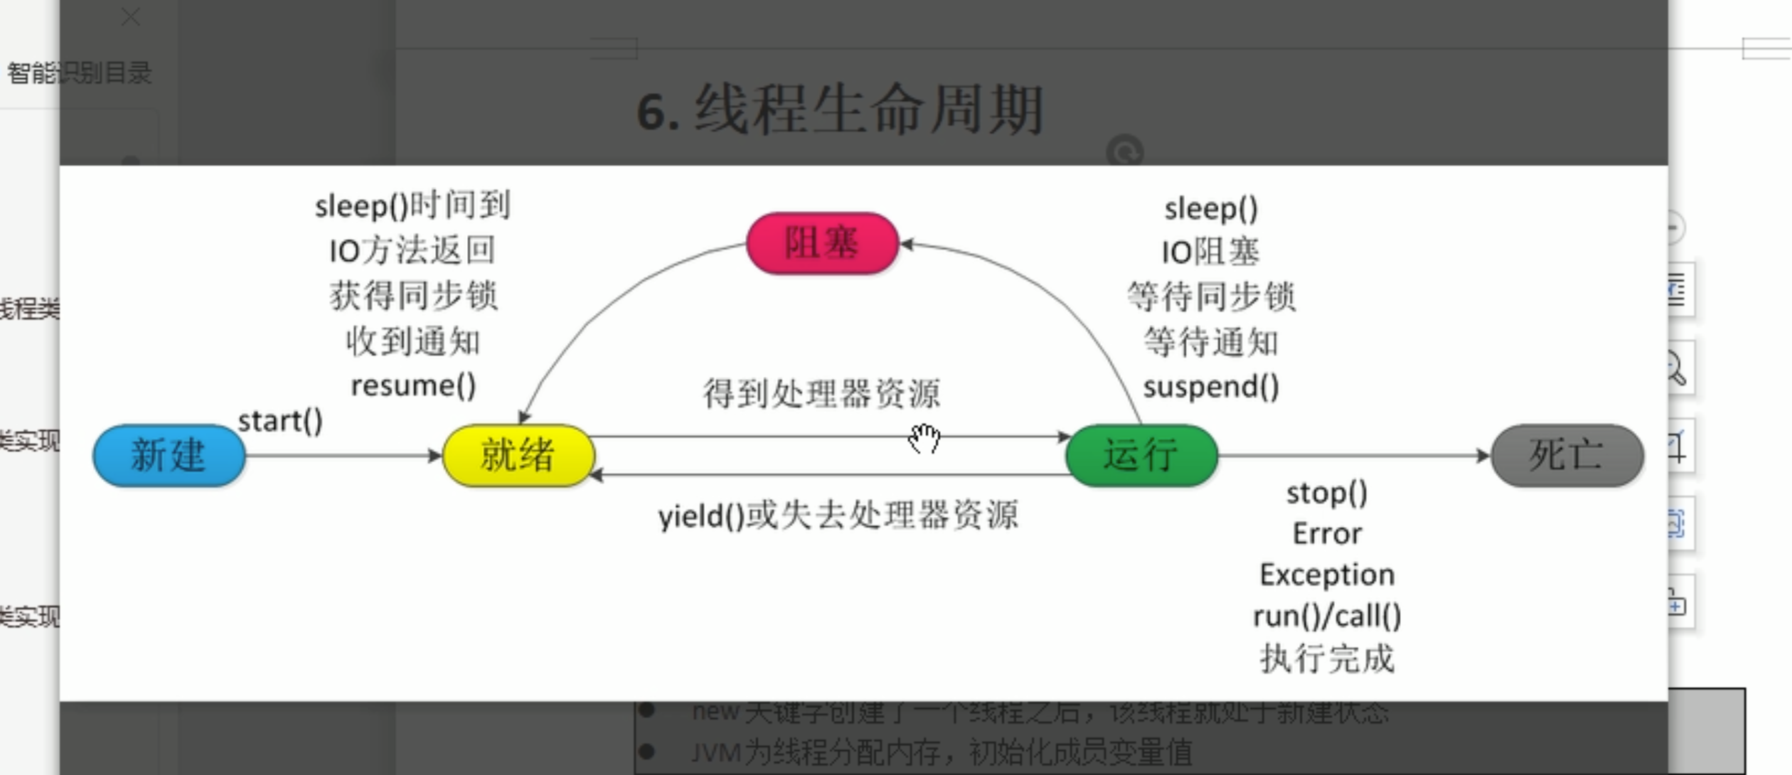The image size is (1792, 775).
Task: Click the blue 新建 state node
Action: (x=169, y=455)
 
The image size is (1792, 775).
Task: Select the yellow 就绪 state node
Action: (x=518, y=455)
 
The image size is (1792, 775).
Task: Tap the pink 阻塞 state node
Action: (x=823, y=243)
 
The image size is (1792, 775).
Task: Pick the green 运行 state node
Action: (x=1141, y=455)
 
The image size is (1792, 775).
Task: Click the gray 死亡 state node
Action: (x=1567, y=455)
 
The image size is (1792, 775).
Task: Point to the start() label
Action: (x=280, y=421)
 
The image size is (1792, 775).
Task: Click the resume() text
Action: (x=413, y=385)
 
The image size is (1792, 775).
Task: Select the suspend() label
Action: (x=1211, y=387)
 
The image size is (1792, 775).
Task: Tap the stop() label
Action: (x=1327, y=493)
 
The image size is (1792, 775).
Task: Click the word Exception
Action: (x=1327, y=574)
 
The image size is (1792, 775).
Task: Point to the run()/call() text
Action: (x=1327, y=616)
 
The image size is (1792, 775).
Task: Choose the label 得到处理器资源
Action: (x=821, y=393)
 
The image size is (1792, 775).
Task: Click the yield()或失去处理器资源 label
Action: (x=838, y=515)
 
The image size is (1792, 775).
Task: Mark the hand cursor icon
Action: (x=924, y=438)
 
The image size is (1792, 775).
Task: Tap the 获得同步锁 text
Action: (x=413, y=296)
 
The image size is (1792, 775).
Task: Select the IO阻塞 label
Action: (x=1211, y=252)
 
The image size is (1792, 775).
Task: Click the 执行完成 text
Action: (x=1327, y=658)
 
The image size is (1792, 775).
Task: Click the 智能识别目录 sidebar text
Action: (x=79, y=73)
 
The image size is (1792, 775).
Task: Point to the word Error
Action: (x=1327, y=534)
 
